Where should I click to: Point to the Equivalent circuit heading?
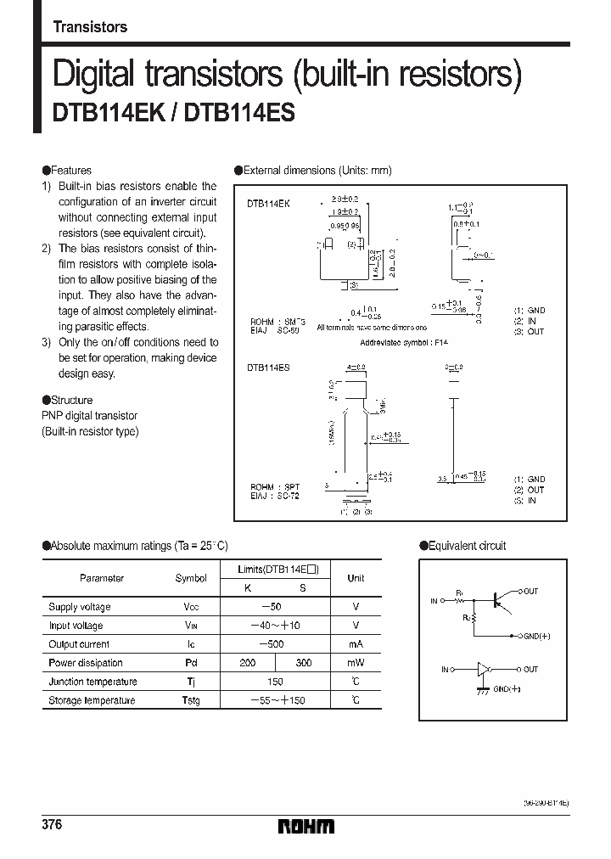(x=467, y=546)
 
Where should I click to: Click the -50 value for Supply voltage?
(x=275, y=607)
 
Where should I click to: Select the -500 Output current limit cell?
(x=275, y=644)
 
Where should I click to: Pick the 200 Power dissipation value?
(x=248, y=663)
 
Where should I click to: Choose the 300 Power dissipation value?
(x=302, y=663)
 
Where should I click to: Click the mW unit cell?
(x=356, y=663)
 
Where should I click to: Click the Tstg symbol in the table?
(x=190, y=700)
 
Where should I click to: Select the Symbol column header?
(x=190, y=578)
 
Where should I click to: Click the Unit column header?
(x=356, y=578)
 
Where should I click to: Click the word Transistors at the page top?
(x=90, y=27)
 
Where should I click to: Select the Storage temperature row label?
(x=92, y=700)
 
